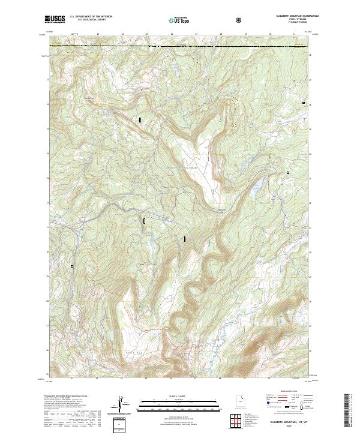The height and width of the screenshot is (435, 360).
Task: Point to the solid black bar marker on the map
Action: (x=185, y=239)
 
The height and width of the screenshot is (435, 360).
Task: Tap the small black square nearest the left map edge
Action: (x=72, y=266)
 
